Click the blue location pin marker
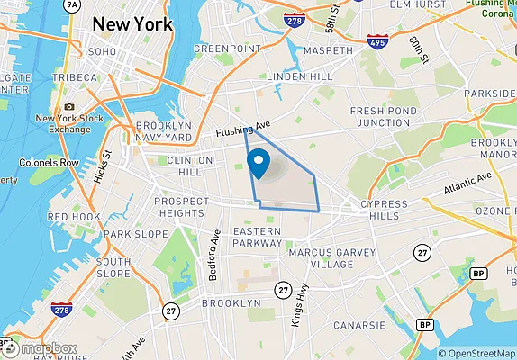point(259,163)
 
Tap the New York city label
point(133,24)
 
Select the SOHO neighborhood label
point(101,52)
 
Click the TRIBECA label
point(74,78)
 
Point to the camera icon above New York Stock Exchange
point(69,107)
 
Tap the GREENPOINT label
point(226,48)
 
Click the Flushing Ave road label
point(241,130)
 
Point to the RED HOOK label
point(74,217)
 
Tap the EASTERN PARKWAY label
point(258,237)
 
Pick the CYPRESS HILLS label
point(390,210)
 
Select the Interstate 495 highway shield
point(377,41)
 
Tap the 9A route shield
point(72,4)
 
